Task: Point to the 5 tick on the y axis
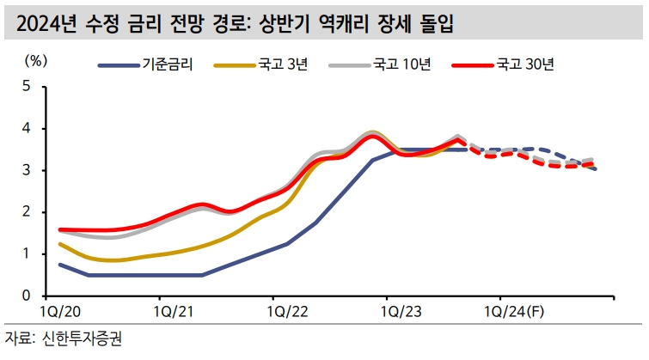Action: (26, 86)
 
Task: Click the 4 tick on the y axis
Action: (26, 128)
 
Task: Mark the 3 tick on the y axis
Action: (26, 170)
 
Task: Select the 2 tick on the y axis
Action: (26, 211)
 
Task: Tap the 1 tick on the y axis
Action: (26, 253)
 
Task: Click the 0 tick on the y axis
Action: (26, 296)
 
